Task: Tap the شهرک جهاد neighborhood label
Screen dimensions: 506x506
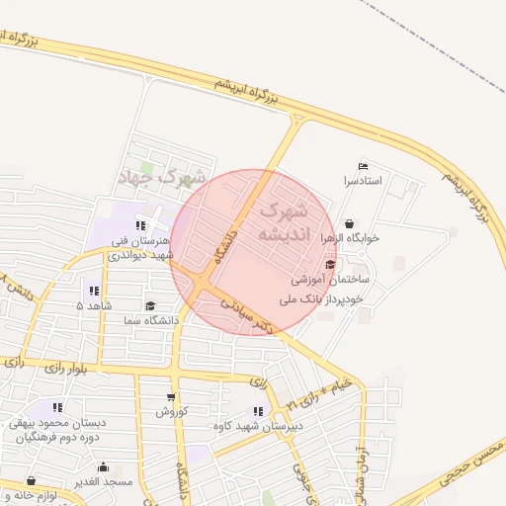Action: click(x=162, y=178)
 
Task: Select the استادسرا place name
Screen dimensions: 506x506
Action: click(x=363, y=182)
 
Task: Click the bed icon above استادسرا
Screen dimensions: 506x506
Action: click(x=363, y=166)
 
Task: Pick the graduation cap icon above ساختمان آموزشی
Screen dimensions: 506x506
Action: click(x=329, y=265)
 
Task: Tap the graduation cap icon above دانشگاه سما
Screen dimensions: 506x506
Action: click(x=150, y=306)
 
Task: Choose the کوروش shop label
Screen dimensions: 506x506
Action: click(x=171, y=411)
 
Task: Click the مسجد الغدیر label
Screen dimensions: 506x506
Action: click(x=102, y=481)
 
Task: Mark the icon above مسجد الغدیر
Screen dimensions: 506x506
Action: click(x=103, y=466)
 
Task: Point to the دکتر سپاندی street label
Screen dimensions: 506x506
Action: click(x=243, y=313)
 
